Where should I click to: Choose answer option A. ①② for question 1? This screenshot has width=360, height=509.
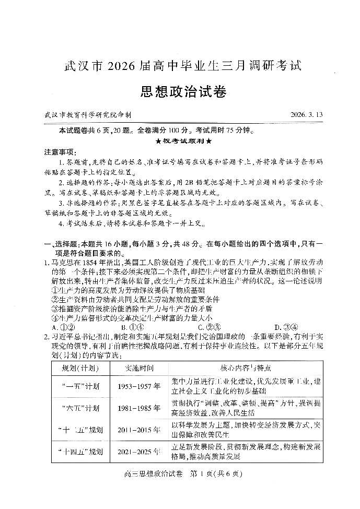pos(64,327)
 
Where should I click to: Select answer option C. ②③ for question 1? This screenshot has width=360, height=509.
pos(208,327)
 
